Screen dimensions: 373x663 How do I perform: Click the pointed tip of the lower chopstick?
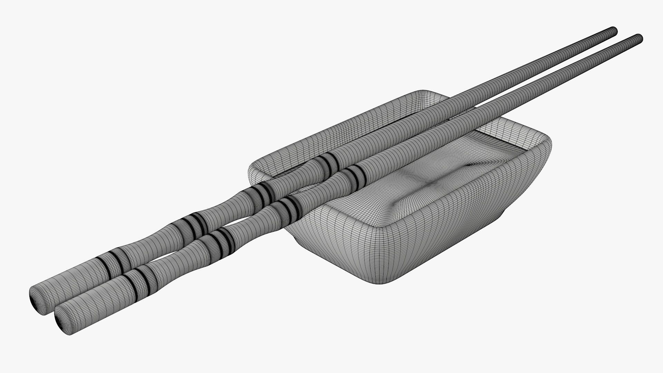[639, 38]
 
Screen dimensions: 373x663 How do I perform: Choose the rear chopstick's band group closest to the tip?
[326, 162]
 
